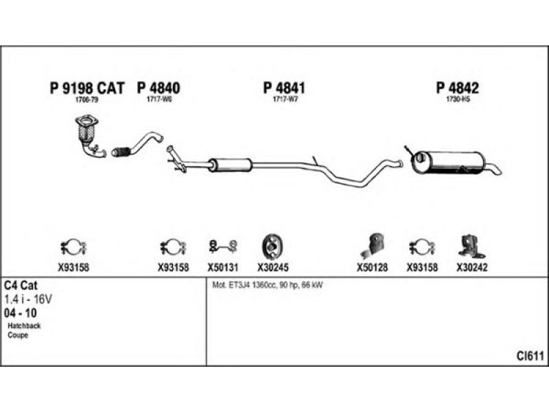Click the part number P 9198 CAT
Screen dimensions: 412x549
(x=87, y=88)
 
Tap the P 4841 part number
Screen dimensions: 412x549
(x=283, y=88)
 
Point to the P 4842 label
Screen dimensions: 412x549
(x=457, y=88)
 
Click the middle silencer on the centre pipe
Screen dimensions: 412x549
(x=231, y=165)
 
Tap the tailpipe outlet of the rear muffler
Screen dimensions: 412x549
(x=495, y=169)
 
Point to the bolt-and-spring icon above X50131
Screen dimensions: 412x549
(x=222, y=245)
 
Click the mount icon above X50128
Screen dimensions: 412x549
(x=373, y=244)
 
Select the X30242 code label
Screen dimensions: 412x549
(x=471, y=268)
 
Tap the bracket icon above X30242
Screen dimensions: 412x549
(x=469, y=244)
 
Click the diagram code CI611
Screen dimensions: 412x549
(x=530, y=356)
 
